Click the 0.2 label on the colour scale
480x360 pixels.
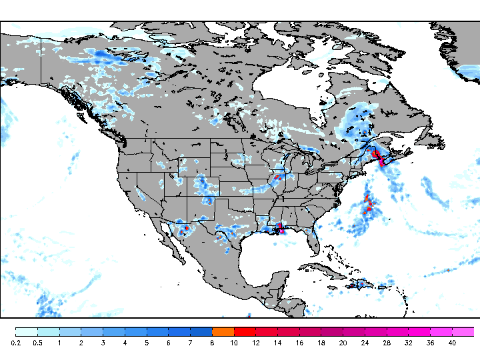[15, 342]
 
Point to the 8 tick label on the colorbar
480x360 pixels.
[213, 342]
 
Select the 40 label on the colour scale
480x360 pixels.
[452, 342]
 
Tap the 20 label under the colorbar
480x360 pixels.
[343, 342]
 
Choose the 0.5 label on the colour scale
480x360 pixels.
[37, 342]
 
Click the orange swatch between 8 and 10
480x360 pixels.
[223, 331]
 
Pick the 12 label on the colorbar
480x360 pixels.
[256, 342]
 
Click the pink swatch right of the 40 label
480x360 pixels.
[463, 331]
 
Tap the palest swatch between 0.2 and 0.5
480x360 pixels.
[27, 331]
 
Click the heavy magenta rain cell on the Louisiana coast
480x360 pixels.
[281, 229]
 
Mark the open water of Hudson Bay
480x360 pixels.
[287, 87]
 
